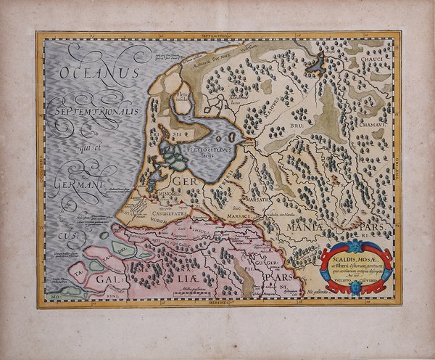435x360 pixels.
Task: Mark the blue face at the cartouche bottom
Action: [355, 287]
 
